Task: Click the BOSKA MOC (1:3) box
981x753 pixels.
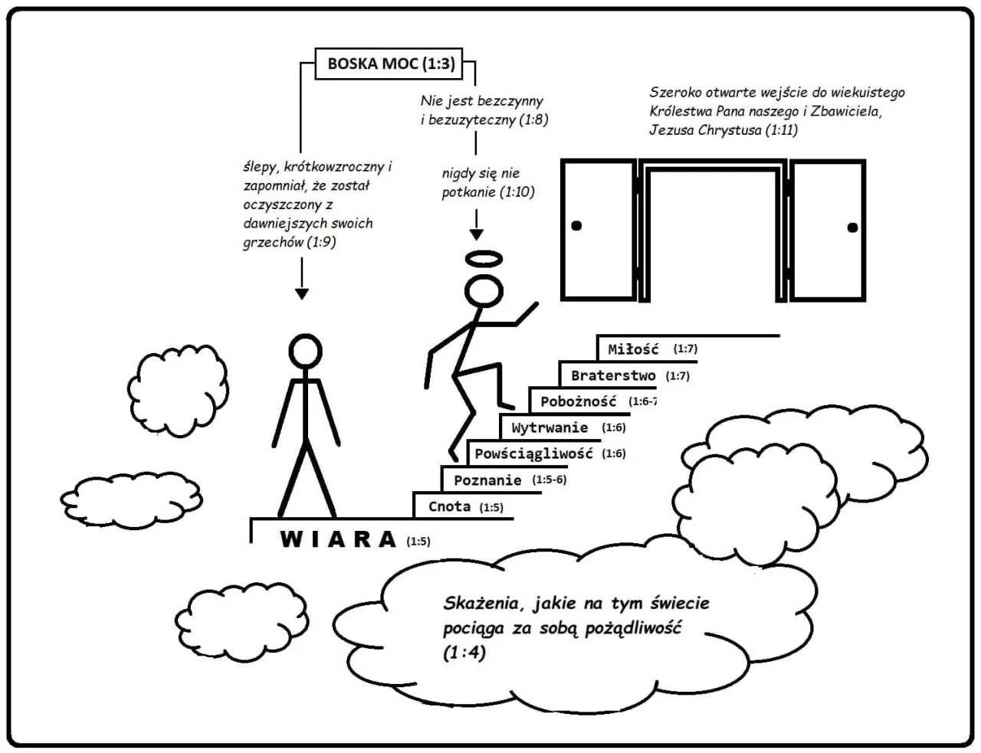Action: (391, 64)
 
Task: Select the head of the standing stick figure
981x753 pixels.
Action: (305, 352)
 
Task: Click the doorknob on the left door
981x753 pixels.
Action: (576, 225)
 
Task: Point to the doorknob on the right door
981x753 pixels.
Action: (852, 227)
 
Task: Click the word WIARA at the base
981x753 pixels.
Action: (338, 539)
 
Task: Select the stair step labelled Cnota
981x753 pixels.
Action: (449, 506)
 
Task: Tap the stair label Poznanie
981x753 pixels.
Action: (487, 480)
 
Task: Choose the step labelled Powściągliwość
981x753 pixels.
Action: (533, 453)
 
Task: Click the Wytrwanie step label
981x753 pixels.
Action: (550, 427)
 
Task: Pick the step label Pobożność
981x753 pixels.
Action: (578, 401)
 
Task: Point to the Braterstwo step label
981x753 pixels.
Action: (613, 375)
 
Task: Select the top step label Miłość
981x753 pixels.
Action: (633, 349)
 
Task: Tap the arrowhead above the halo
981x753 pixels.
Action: (476, 235)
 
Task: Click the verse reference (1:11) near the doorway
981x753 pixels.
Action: (781, 130)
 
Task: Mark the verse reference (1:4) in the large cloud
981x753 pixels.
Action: (464, 653)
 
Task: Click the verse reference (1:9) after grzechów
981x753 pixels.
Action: (322, 242)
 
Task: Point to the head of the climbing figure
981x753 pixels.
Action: (484, 292)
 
